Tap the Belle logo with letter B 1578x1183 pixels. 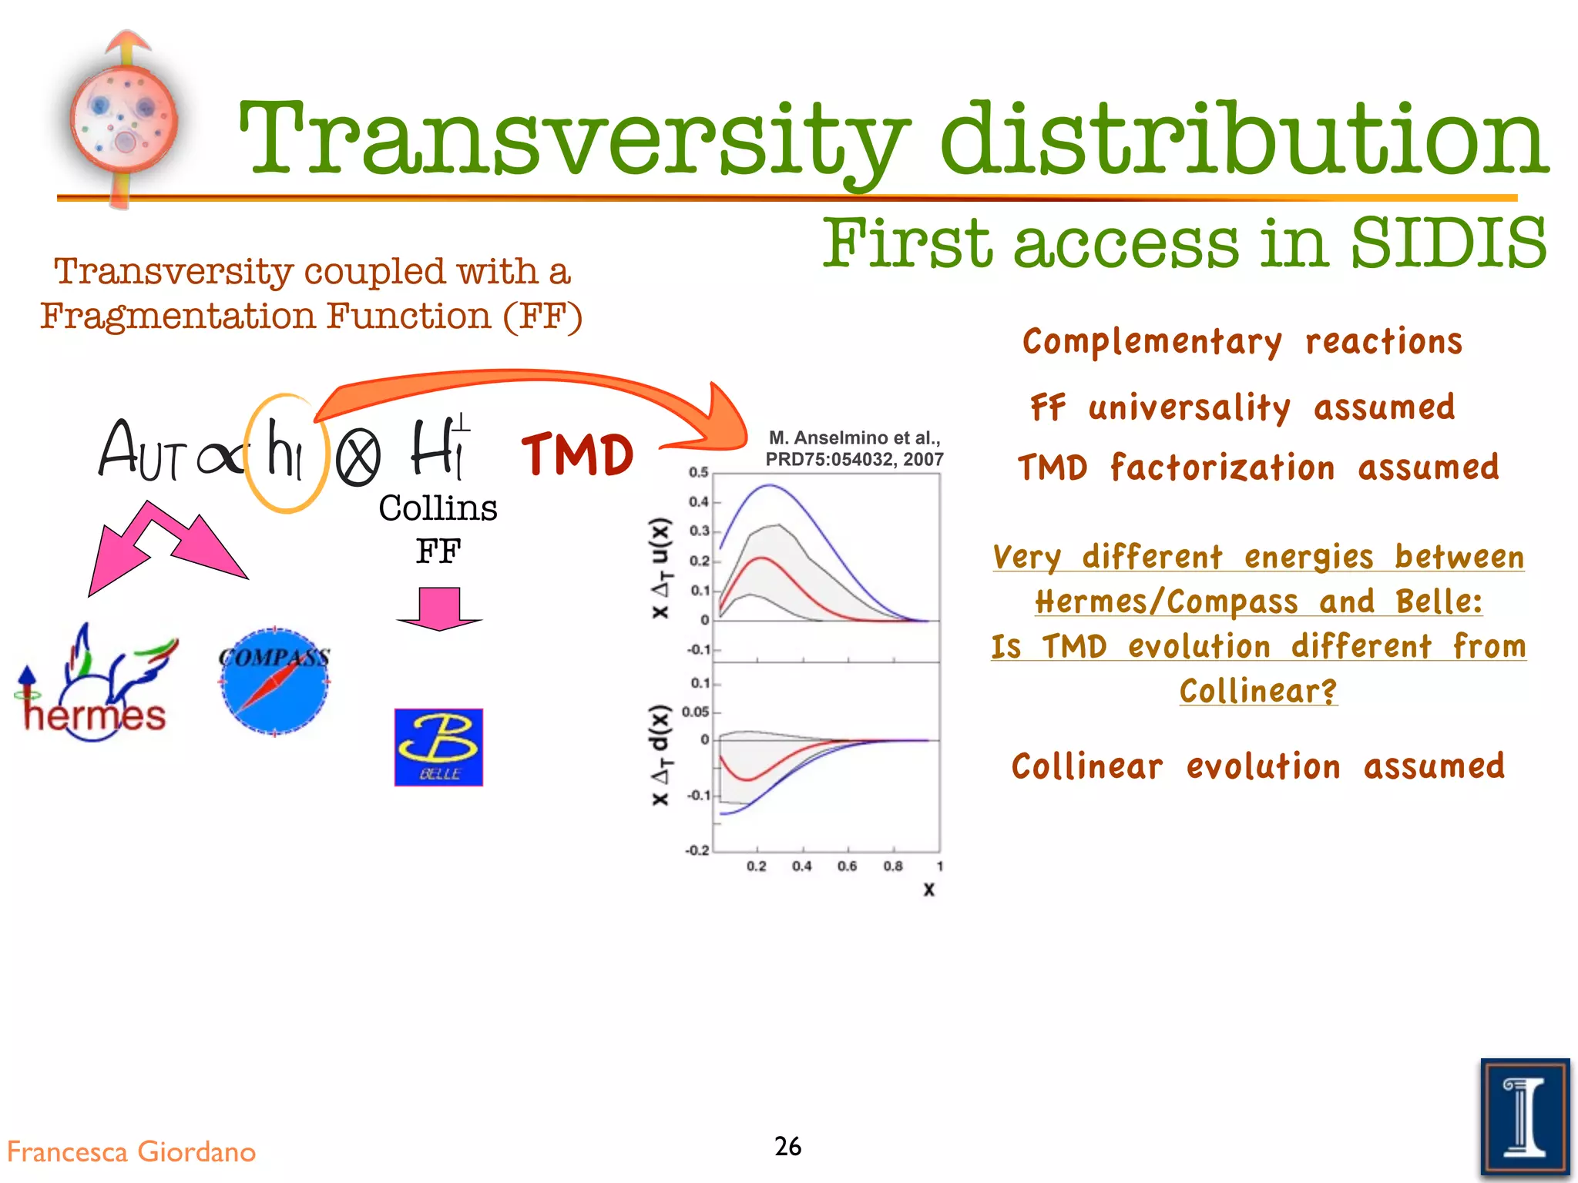click(x=438, y=747)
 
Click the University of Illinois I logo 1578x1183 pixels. click(x=1524, y=1117)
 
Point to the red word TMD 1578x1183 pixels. click(x=577, y=454)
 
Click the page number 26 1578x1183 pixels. click(x=787, y=1146)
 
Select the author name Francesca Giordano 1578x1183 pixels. click(x=131, y=1151)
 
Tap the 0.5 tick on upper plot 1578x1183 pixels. click(x=698, y=472)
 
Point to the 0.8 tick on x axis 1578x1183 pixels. click(x=892, y=866)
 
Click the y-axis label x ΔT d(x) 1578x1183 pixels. click(x=660, y=755)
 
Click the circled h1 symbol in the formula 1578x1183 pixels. click(x=285, y=453)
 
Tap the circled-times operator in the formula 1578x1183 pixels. click(x=358, y=456)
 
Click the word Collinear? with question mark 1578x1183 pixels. click(x=1258, y=691)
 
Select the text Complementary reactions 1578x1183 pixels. click(x=1242, y=341)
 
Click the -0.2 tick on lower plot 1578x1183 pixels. click(x=697, y=850)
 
